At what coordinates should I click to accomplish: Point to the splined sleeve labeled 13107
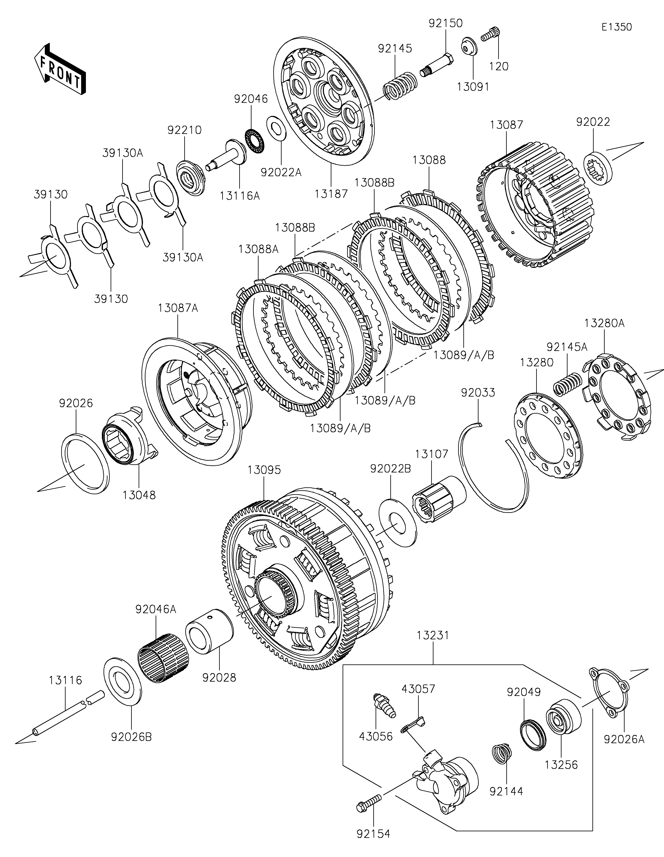pyautogui.click(x=439, y=499)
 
